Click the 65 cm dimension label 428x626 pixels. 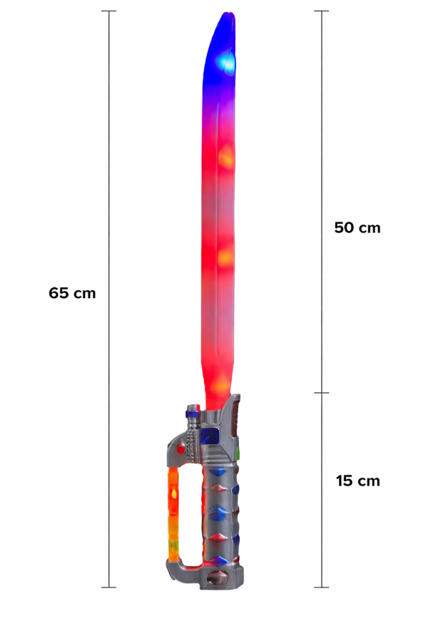[x=72, y=293]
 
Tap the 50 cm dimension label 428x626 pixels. [x=357, y=227]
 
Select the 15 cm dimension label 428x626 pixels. [x=357, y=481]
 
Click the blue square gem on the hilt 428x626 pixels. [x=210, y=436]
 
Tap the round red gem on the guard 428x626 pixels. [x=181, y=448]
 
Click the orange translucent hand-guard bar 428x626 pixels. [x=173, y=514]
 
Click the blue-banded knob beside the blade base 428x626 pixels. [x=193, y=411]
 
